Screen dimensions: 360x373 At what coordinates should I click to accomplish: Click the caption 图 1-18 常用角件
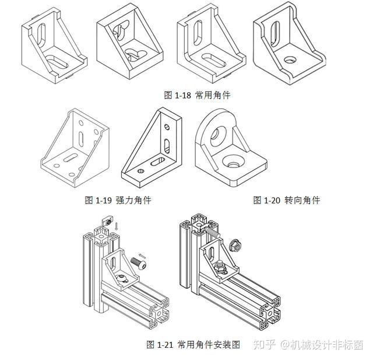tap(196, 95)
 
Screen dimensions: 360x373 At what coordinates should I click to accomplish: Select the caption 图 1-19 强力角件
tap(118, 200)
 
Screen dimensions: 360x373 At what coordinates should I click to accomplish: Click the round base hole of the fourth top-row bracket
tap(288, 60)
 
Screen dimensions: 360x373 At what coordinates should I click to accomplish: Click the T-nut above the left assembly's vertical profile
tap(108, 221)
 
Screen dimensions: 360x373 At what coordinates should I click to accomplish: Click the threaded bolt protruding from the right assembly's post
tap(212, 232)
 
